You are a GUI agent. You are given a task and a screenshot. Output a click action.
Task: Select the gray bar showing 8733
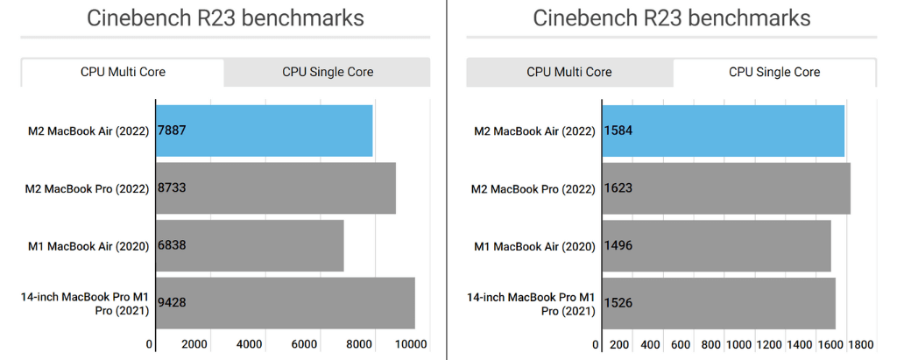[276, 187]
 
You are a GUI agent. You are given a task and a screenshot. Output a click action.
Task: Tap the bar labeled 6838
[250, 245]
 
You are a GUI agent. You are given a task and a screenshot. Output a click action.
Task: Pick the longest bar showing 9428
[286, 303]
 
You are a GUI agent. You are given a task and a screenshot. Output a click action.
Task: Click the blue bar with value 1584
[724, 131]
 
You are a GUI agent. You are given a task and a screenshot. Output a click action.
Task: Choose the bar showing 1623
[726, 187]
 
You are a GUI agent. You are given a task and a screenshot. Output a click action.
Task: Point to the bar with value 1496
[717, 245]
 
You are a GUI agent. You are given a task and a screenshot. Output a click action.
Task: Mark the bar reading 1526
[719, 303]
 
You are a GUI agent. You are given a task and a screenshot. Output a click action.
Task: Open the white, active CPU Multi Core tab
[123, 72]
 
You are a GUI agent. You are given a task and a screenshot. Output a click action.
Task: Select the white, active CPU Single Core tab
[774, 72]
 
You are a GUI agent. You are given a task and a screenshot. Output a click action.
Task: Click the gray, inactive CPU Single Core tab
[328, 72]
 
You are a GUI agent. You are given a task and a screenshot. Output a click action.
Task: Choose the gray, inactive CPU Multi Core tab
[569, 72]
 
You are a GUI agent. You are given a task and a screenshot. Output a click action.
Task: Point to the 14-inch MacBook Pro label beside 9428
[84, 303]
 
